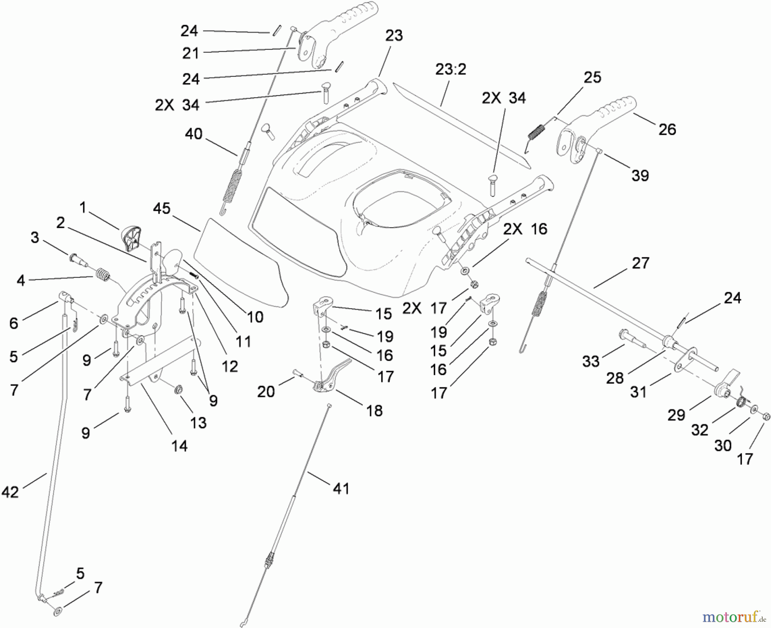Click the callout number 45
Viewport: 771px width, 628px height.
pos(161,209)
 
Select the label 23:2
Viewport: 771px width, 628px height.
pos(450,69)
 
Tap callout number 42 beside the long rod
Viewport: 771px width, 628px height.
pos(10,492)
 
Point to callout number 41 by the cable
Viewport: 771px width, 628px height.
pos(341,488)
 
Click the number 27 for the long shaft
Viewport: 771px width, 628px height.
pos(640,263)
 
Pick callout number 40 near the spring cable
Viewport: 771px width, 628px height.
pos(193,134)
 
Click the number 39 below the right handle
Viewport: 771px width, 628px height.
pos(640,175)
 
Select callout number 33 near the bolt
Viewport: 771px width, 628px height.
pos(591,361)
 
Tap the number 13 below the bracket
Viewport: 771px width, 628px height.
pos(198,423)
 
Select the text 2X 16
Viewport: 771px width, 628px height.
pos(525,229)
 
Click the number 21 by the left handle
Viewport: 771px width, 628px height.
pos(191,53)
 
